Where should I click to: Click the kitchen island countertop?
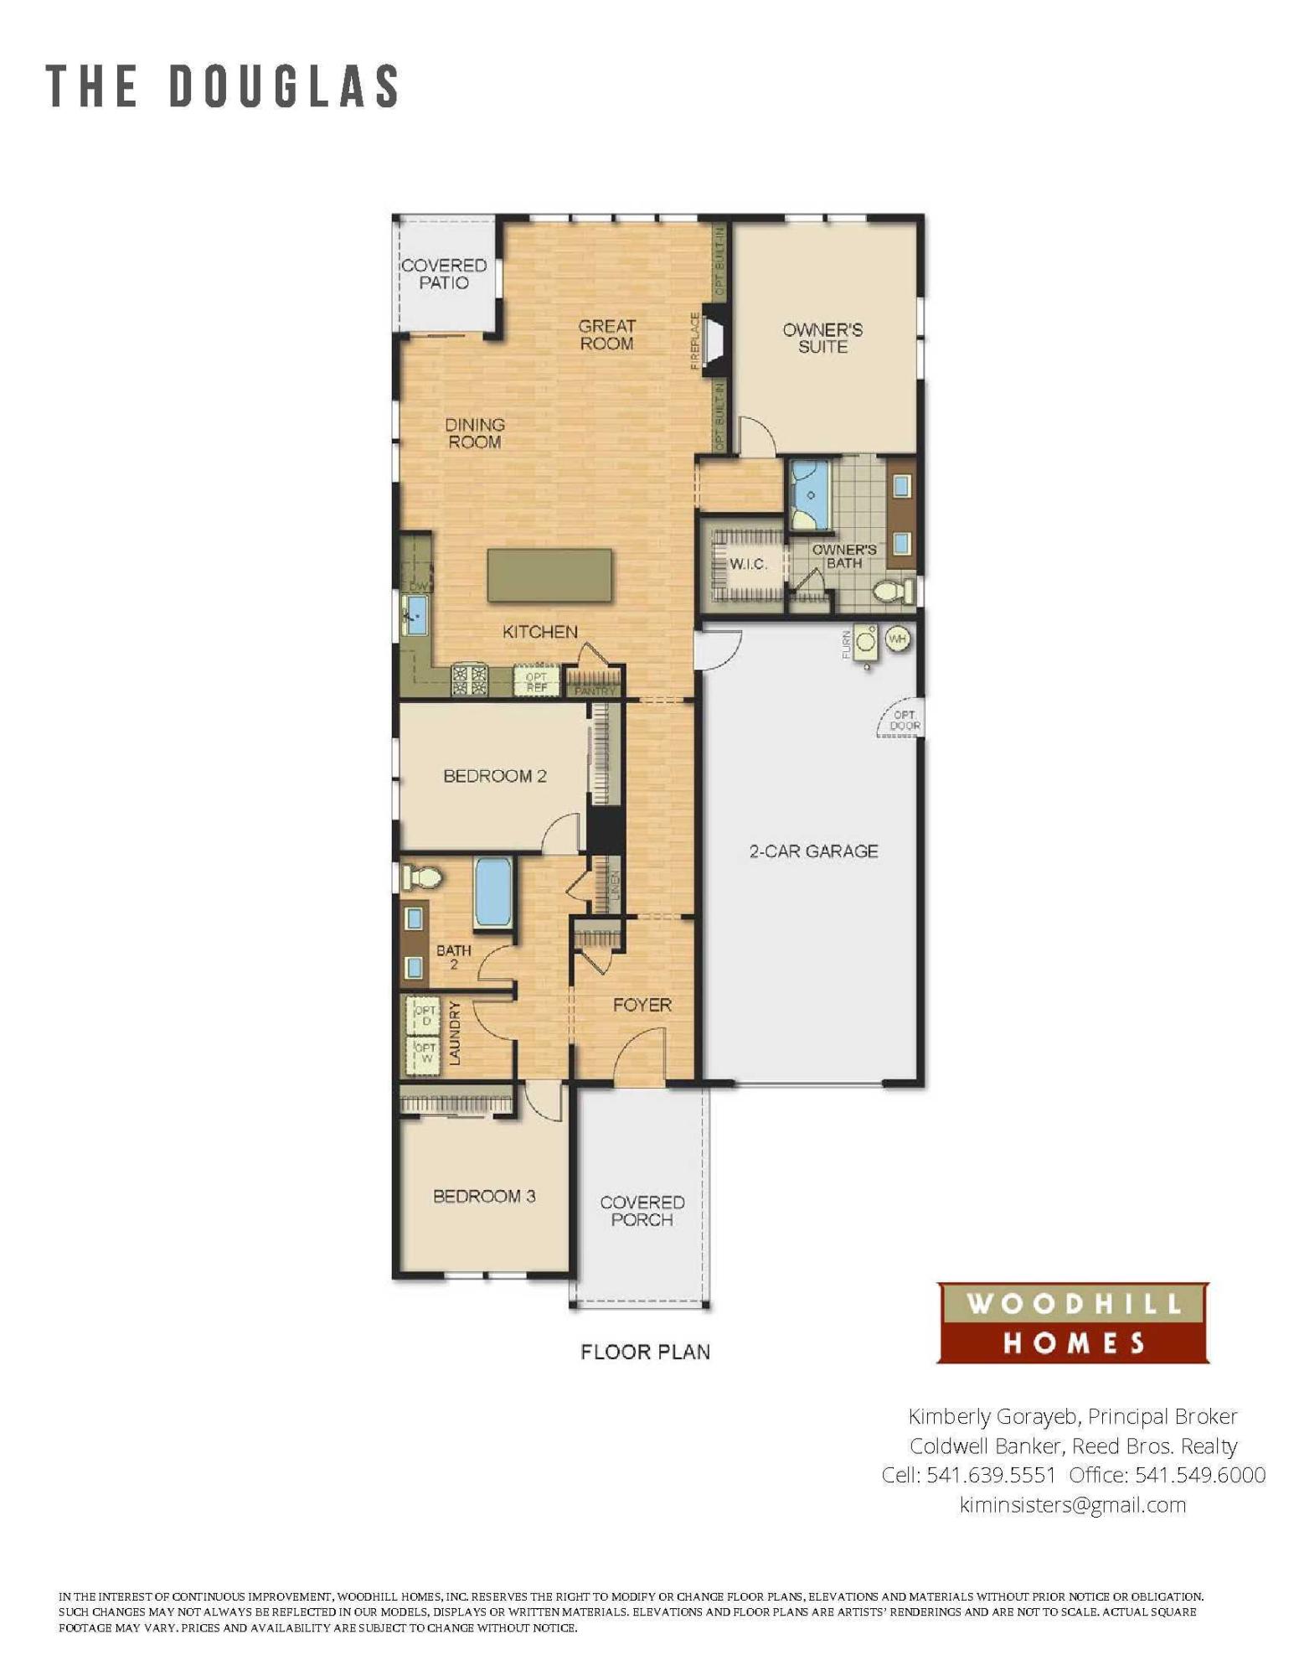coord(549,574)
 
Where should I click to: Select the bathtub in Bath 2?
coord(492,892)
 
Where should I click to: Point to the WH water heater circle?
coord(897,639)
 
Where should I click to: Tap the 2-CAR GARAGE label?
coord(812,851)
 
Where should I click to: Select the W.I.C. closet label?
coord(747,564)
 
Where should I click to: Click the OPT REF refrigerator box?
coord(536,682)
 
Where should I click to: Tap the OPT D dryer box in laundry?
coord(425,1016)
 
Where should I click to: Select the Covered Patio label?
coord(444,274)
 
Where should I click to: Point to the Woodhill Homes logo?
coord(1072,1323)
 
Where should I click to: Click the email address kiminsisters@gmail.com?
coord(1072,1505)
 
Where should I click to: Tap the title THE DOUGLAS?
coord(223,86)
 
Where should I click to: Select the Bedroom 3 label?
coord(484,1196)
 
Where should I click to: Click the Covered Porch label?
coord(642,1211)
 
